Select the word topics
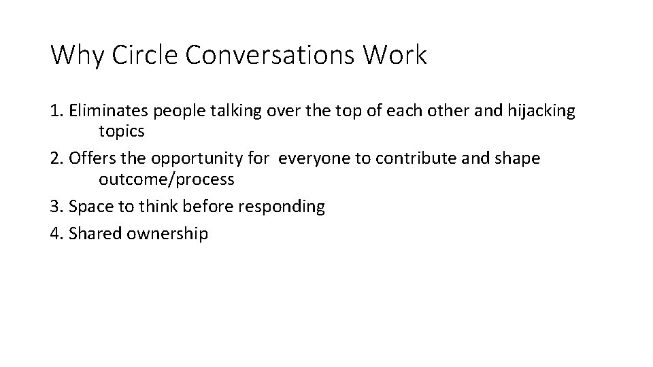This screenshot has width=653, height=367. coord(122,132)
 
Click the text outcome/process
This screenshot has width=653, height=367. coord(166,179)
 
